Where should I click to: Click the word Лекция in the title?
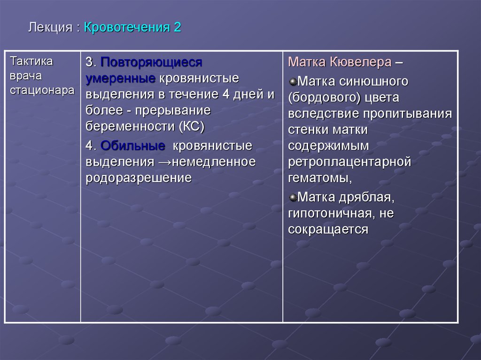49,28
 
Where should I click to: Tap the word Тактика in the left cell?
31,62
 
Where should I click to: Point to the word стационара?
42,90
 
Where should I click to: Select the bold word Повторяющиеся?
151,62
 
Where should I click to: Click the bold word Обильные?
132,146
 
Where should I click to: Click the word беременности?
130,126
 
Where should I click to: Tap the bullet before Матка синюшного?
293,81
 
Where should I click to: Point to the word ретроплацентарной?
349,162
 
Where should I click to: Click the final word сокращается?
328,230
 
